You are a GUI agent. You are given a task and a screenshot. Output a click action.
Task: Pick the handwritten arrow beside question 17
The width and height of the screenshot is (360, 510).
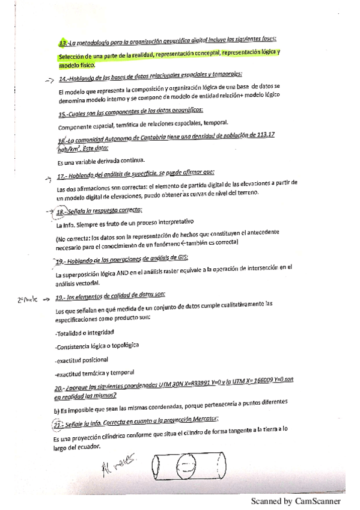point(49,178)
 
